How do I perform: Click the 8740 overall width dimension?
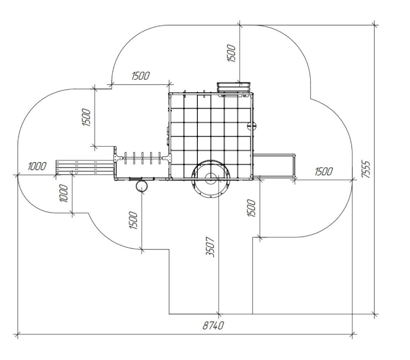coord(213,326)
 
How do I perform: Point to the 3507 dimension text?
coord(210,247)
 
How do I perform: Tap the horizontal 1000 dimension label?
coord(37,166)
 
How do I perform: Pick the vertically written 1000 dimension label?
coord(64,193)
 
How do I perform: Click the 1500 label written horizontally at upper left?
coord(140,76)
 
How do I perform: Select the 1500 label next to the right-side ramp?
coord(324,171)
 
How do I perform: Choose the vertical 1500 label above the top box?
coord(232,53)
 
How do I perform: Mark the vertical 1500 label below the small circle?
coord(133,220)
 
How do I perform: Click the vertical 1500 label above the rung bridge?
coord(86,118)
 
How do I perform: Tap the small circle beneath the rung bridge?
coord(142,186)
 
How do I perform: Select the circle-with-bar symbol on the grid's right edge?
coord(252,126)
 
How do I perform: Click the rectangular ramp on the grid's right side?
coord(274,167)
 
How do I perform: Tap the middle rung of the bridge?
coord(142,158)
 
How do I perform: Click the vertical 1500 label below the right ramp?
coord(252,208)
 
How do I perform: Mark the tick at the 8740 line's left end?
coord(17,334)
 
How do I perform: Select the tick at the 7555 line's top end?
coord(375,25)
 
